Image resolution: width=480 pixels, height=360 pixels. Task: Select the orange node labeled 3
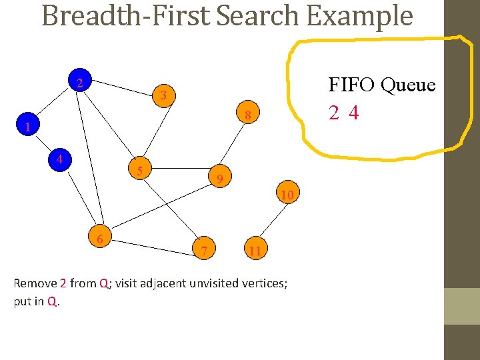163,96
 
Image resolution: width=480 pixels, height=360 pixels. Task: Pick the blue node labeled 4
60,160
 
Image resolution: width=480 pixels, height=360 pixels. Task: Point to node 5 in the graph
140,171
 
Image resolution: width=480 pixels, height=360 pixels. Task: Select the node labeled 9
219,178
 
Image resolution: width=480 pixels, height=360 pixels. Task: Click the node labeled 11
254,251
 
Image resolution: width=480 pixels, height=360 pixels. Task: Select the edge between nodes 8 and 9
234,145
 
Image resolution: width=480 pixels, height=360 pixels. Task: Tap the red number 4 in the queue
353,113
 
